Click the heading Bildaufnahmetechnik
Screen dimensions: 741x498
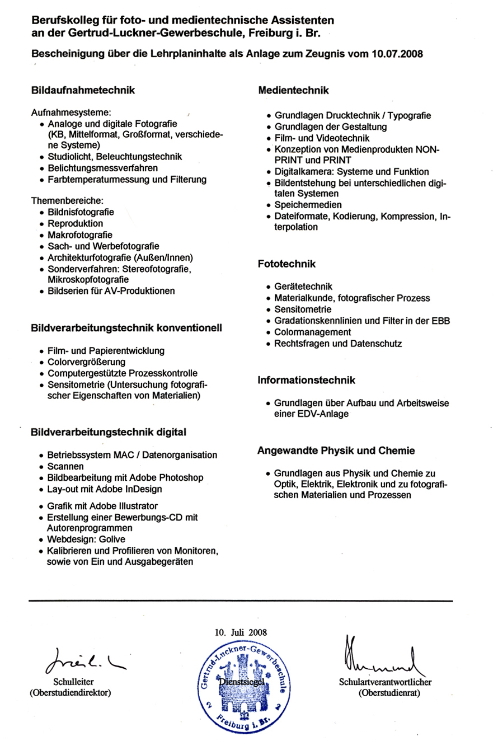click(x=83, y=90)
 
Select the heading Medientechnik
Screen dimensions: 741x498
click(x=293, y=90)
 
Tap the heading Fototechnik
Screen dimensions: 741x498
click(x=287, y=263)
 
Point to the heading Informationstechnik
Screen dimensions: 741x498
click(x=307, y=381)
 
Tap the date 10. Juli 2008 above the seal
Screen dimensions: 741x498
click(x=241, y=632)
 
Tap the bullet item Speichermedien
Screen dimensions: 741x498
click(x=308, y=205)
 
